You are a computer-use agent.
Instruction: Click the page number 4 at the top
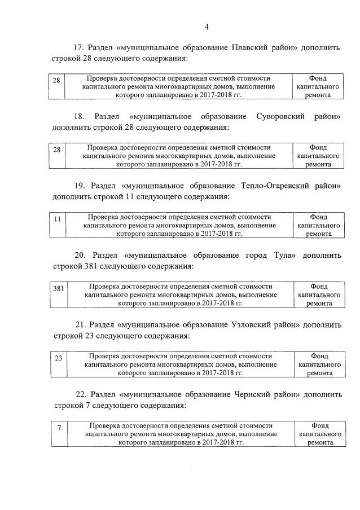[x=207, y=27]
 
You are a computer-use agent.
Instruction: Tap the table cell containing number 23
[x=58, y=364]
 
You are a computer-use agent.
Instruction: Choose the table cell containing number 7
[x=59, y=434]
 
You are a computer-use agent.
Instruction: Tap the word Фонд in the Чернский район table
[x=319, y=425]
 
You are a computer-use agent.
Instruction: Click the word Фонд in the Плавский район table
[x=318, y=78]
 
